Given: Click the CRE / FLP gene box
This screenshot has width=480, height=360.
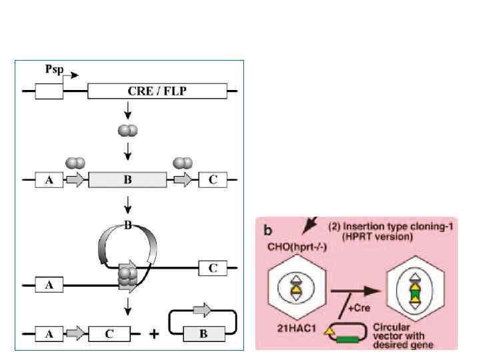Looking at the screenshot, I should pyautogui.click(x=158, y=91).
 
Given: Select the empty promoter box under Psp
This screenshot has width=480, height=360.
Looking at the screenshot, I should pyautogui.click(x=49, y=91).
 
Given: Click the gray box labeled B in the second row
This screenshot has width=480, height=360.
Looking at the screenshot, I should pyautogui.click(x=127, y=180).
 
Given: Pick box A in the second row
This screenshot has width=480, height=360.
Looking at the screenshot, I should pyautogui.click(x=49, y=180).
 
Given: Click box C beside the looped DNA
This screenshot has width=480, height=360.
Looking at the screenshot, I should pyautogui.click(x=213, y=268).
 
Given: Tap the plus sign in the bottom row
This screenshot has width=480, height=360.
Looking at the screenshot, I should pyautogui.click(x=155, y=333).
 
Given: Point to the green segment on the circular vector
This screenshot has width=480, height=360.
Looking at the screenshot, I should pyautogui.click(x=346, y=341).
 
